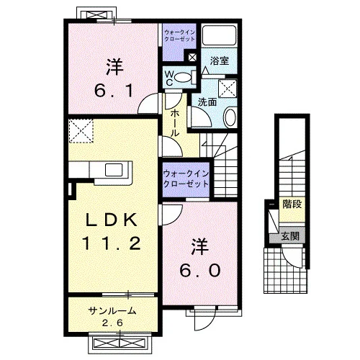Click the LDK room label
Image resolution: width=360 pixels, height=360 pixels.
pyautogui.click(x=112, y=220)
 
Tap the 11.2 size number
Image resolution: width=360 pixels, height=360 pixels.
pyautogui.click(x=112, y=243)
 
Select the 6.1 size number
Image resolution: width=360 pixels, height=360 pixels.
pyautogui.click(x=114, y=91)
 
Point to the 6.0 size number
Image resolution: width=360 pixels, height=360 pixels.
pyautogui.click(x=200, y=270)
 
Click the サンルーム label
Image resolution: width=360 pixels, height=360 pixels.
pyautogui.click(x=112, y=311)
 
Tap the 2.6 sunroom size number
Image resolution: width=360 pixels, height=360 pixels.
pyautogui.click(x=112, y=323)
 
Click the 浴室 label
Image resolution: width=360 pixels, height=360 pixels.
pyautogui.click(x=220, y=60)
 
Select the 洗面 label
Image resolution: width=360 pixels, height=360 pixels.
pyautogui.click(x=207, y=102)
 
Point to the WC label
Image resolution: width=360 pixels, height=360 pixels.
pyautogui.click(x=169, y=78)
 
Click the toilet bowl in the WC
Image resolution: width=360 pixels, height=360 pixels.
pyautogui.click(x=183, y=78)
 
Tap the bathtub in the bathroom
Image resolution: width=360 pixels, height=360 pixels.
pyautogui.click(x=219, y=35)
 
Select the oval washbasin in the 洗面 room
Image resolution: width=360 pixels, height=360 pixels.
pyautogui.click(x=230, y=117)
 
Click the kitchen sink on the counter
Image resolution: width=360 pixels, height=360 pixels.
pyautogui.click(x=114, y=170)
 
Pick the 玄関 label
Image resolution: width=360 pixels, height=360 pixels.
pyautogui.click(x=290, y=236)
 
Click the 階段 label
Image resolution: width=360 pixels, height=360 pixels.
pyautogui.click(x=292, y=204)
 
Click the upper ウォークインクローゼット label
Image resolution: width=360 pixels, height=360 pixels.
pyautogui.click(x=179, y=35)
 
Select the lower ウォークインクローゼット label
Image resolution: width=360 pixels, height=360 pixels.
pyautogui.click(x=186, y=179)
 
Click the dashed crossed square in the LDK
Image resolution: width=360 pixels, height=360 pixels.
pyautogui.click(x=81, y=131)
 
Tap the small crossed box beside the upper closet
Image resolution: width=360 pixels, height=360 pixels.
pyautogui.click(x=192, y=58)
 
